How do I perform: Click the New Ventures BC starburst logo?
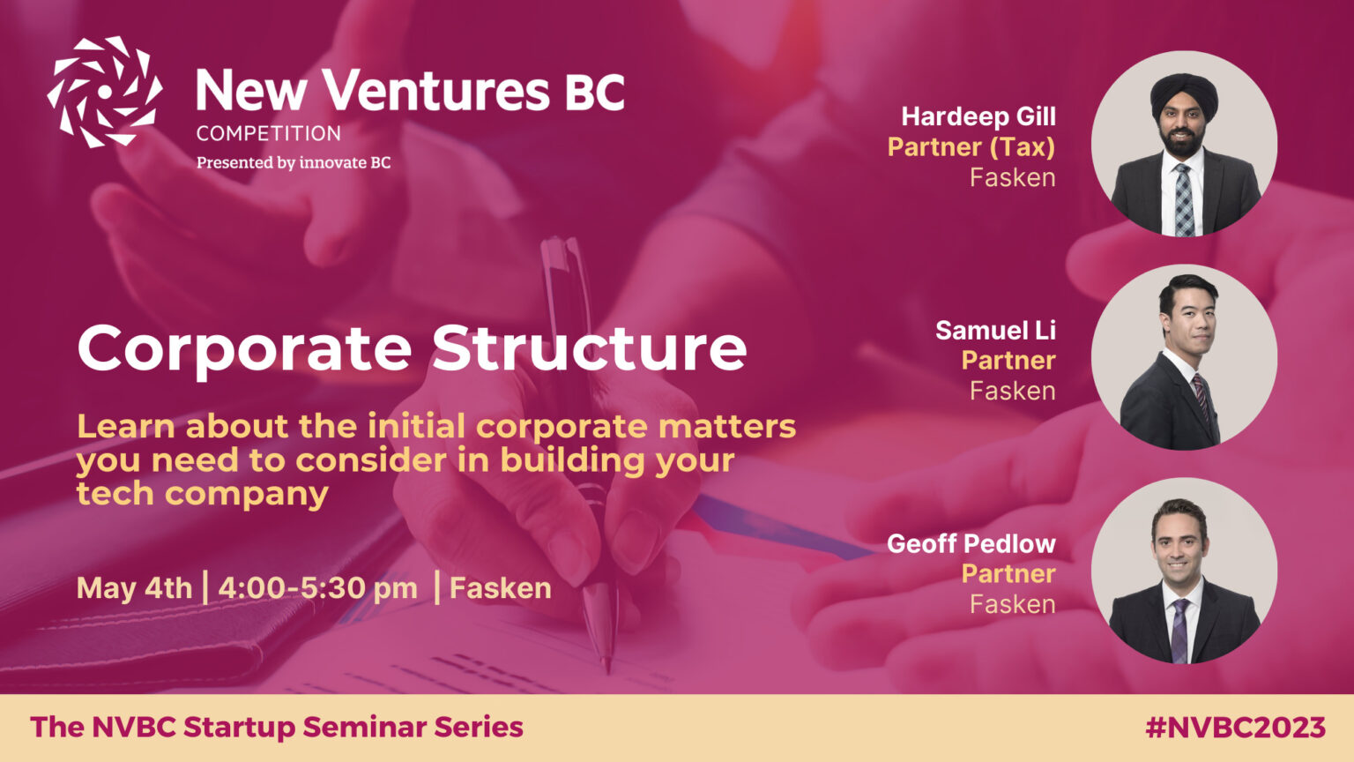click(104, 92)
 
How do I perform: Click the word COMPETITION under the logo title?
click(268, 134)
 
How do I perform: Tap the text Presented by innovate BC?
click(293, 163)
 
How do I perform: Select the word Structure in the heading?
click(589, 348)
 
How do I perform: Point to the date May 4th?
click(134, 588)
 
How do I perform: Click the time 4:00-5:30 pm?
click(317, 588)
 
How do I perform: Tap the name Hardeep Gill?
click(978, 116)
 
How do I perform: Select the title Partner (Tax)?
click(971, 147)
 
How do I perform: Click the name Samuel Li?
click(994, 331)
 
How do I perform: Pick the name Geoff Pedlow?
click(971, 544)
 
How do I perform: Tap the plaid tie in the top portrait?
click(1184, 201)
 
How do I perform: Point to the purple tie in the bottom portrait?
click(1179, 631)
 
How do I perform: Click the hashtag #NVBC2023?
click(1235, 728)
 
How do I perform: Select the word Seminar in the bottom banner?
click(364, 728)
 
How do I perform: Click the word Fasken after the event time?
click(500, 588)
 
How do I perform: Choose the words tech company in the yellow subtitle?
click(202, 494)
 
